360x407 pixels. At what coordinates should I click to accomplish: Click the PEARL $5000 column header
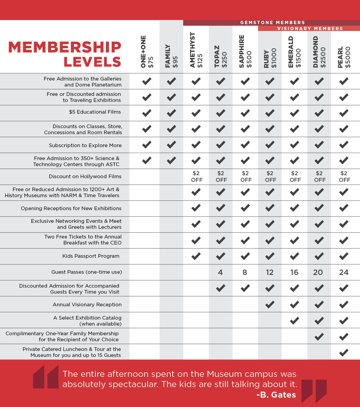click(344, 57)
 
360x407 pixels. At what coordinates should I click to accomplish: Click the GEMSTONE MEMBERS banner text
click(272, 23)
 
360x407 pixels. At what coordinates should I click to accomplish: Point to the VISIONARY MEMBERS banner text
click(310, 29)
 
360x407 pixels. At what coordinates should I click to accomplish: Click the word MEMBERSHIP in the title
click(65, 47)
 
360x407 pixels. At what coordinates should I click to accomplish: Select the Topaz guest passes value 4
click(220, 273)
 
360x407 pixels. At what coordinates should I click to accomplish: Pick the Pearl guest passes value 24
click(344, 273)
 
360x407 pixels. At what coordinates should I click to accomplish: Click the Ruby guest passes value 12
click(270, 273)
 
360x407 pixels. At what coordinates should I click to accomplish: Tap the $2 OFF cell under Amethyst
click(196, 177)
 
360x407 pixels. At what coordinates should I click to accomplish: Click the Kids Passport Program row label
click(91, 256)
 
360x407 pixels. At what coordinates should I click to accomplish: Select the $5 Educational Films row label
click(95, 112)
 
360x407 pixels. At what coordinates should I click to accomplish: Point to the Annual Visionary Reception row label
click(87, 304)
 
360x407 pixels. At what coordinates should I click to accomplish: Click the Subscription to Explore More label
click(85, 145)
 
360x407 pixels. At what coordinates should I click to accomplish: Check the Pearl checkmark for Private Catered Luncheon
click(344, 352)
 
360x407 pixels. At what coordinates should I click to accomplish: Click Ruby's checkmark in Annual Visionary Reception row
click(270, 304)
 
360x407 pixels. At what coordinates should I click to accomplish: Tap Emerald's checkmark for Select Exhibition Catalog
click(295, 320)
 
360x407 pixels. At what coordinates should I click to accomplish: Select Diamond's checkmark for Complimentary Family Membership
click(319, 336)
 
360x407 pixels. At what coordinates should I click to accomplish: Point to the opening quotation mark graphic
click(46, 377)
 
